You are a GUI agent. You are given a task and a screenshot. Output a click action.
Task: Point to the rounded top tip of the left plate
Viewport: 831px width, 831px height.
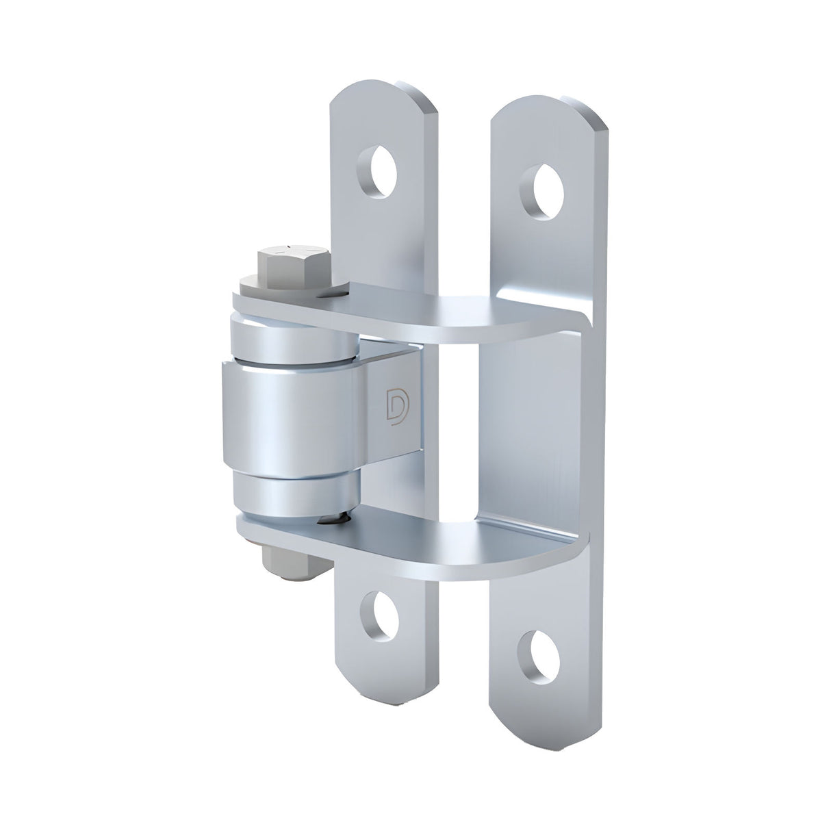pyautogui.click(x=383, y=92)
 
